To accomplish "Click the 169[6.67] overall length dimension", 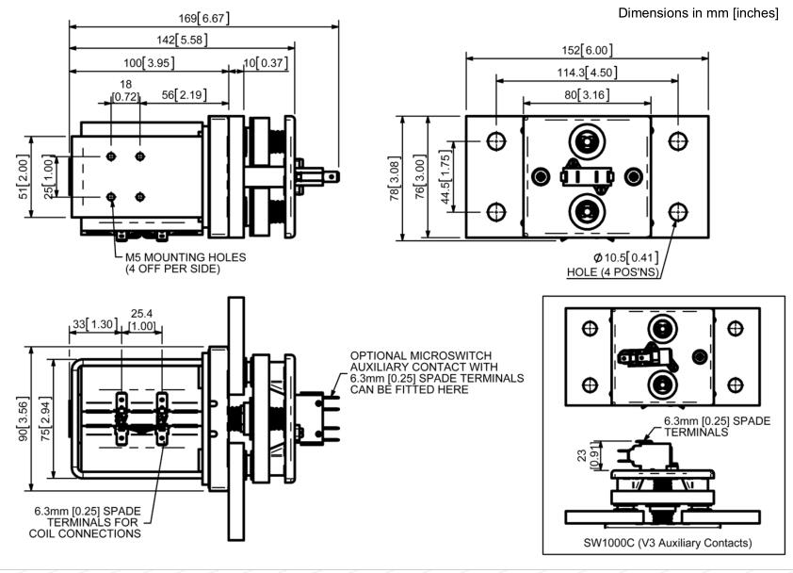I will point(204,18).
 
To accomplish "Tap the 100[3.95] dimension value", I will point(148,63).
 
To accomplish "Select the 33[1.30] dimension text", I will point(92,325).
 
